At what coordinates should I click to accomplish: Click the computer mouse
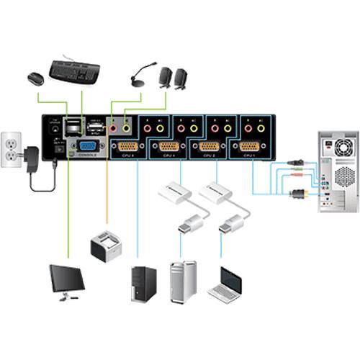tap(35, 78)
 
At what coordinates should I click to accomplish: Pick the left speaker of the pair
tap(164, 78)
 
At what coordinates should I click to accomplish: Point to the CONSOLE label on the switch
tap(88, 155)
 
